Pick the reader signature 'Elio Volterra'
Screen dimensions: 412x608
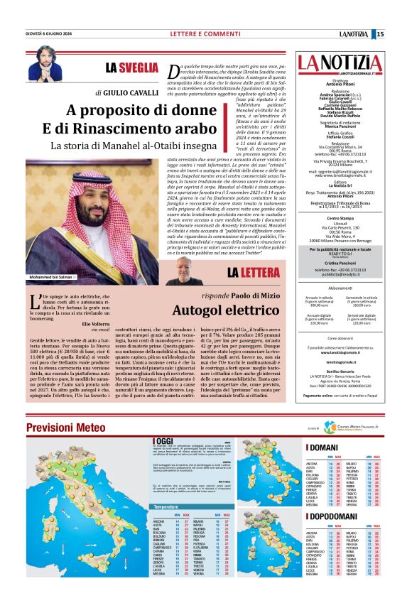(87, 323)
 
